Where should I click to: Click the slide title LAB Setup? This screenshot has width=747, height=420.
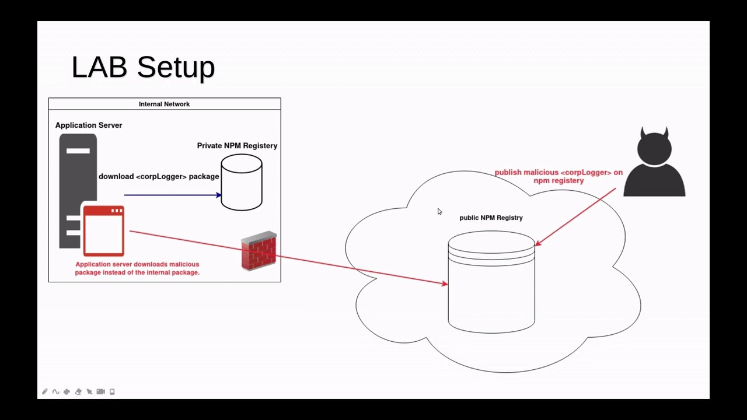pyautogui.click(x=143, y=67)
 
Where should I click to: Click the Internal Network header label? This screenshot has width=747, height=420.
pyautogui.click(x=164, y=104)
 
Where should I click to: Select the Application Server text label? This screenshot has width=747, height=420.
pyautogui.click(x=89, y=125)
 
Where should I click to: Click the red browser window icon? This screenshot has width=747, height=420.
pyautogui.click(x=103, y=231)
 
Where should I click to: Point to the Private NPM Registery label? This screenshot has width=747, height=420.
pyautogui.click(x=237, y=145)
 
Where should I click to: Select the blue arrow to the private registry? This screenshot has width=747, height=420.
pyautogui.click(x=172, y=195)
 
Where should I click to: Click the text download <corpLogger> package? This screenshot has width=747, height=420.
pyautogui.click(x=159, y=176)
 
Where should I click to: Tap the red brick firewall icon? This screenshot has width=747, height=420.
pyautogui.click(x=259, y=251)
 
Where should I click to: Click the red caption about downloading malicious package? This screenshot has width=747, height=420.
pyautogui.click(x=137, y=268)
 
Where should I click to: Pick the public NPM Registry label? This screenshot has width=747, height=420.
pyautogui.click(x=491, y=218)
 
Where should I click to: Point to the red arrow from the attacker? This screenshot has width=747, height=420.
pyautogui.click(x=575, y=216)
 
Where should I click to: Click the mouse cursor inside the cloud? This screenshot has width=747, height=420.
pyautogui.click(x=439, y=211)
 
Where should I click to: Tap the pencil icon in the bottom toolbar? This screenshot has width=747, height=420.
pyautogui.click(x=44, y=391)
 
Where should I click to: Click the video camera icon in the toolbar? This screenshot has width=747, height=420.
pyautogui.click(x=100, y=391)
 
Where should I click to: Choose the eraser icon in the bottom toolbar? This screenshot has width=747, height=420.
pyautogui.click(x=78, y=391)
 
